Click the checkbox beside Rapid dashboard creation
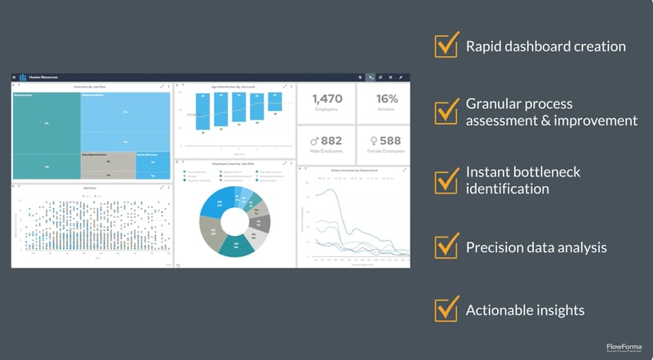coord(446,46)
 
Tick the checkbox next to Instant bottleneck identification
coord(446,180)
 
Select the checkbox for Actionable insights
coord(446,309)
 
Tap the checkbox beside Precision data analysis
coord(446,246)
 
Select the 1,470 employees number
coord(326,99)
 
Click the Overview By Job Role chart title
coord(91,86)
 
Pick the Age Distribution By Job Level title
coord(234,86)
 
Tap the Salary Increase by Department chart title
coord(353,171)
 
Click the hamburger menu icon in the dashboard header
coord(15,77)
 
